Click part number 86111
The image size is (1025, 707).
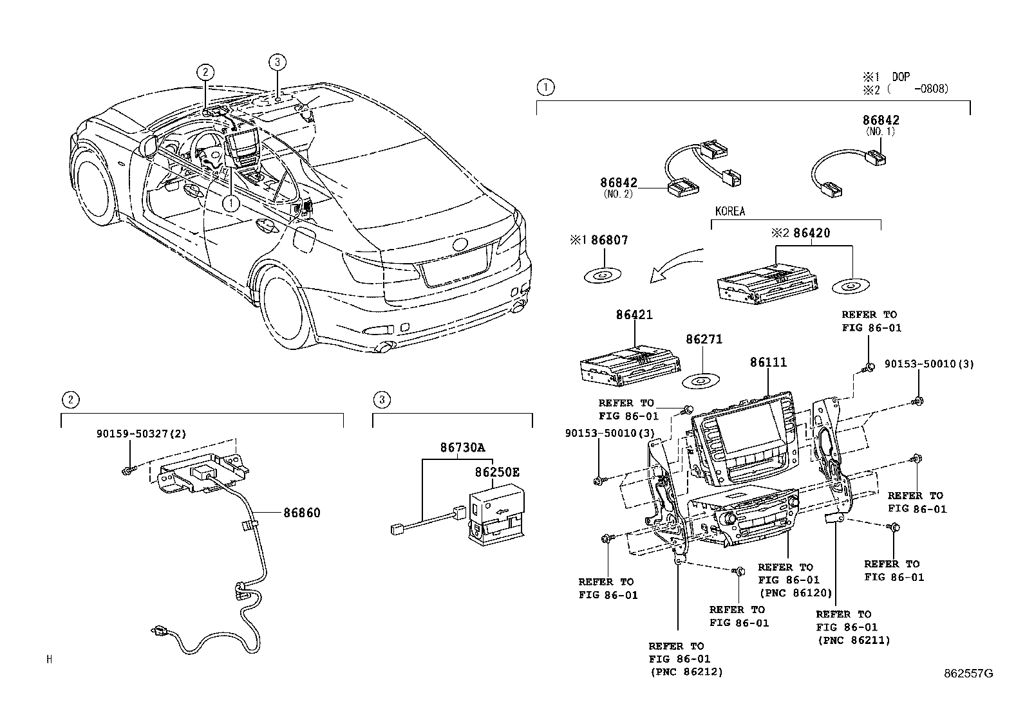tap(767, 362)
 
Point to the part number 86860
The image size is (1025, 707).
tap(301, 513)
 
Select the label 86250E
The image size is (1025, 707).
tap(496, 472)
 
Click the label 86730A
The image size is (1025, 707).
tap(462, 447)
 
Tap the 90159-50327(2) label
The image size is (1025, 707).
tap(141, 434)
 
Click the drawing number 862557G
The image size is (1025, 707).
tap(968, 674)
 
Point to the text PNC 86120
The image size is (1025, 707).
tap(795, 592)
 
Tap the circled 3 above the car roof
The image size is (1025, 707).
tap(276, 62)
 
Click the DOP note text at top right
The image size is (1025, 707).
tap(900, 76)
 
